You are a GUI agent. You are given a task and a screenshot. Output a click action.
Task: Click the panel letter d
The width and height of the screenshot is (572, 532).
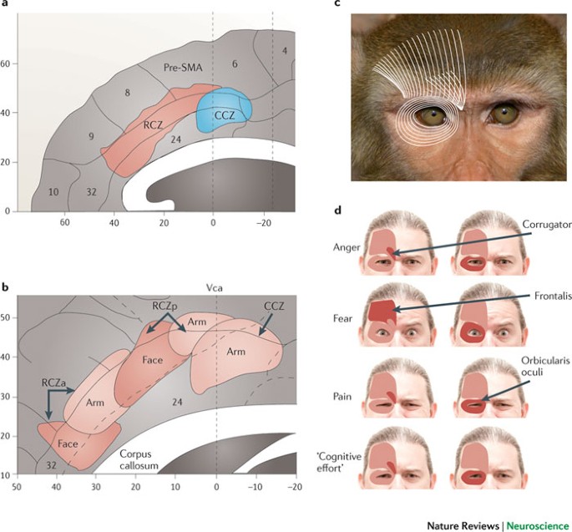[337, 209]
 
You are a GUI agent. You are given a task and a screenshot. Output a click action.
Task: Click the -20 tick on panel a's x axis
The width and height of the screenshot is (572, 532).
[266, 223]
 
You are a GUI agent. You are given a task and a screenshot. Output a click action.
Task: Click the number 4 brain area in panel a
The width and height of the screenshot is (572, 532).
[285, 52]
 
